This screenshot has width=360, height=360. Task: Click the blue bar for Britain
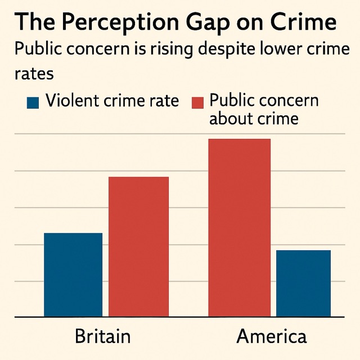point(73,275)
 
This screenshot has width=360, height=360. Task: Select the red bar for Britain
point(138,247)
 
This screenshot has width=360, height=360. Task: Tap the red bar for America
point(239,228)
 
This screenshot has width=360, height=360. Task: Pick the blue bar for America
point(303,283)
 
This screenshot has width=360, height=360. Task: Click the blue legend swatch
point(33,102)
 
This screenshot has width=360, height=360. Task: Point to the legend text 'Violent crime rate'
point(112,101)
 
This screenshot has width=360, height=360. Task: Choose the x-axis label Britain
point(102,336)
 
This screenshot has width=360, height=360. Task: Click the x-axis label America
point(272,336)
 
